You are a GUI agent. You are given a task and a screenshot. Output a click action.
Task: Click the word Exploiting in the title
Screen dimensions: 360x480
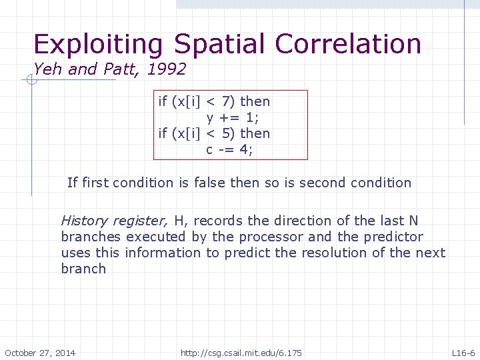click(98, 45)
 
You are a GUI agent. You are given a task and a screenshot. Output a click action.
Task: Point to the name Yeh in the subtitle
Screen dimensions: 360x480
click(47, 69)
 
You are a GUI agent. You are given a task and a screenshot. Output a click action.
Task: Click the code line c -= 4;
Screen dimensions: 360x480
click(229, 149)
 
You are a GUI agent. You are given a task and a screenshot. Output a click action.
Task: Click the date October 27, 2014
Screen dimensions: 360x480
click(40, 353)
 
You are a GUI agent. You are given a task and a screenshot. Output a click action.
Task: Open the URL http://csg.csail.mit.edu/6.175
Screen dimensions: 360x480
click(241, 353)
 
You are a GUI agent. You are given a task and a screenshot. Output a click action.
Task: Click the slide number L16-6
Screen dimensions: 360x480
click(463, 353)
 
